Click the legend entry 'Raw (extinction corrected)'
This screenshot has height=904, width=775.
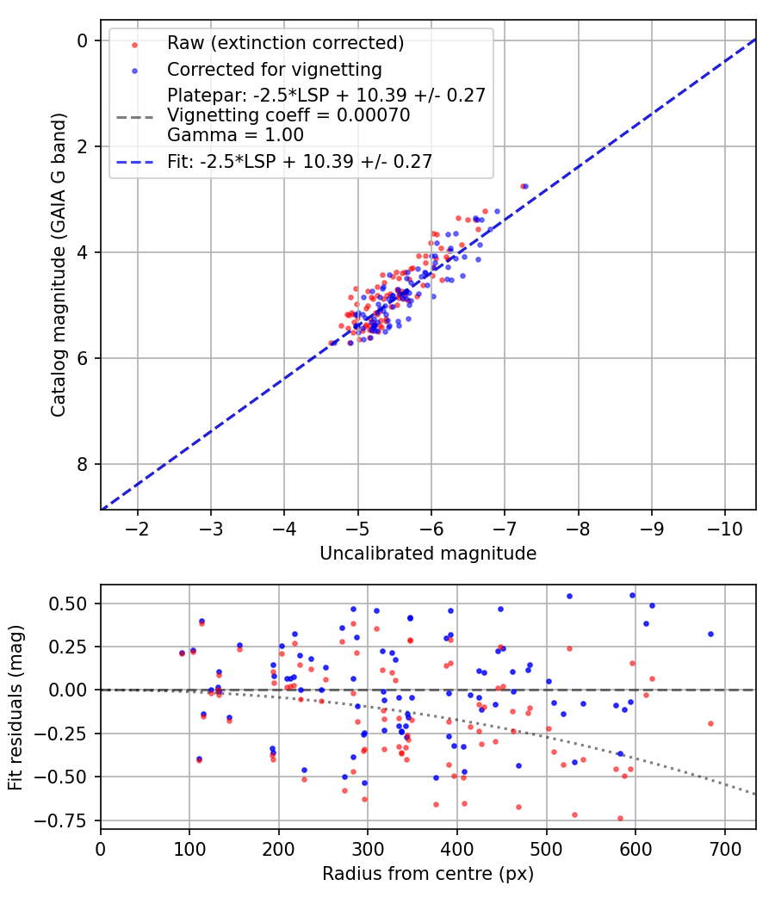[285, 43]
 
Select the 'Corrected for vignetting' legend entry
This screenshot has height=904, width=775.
[275, 69]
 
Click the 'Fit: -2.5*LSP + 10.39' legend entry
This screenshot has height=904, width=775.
[299, 160]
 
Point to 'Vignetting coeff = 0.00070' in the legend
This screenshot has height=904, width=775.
[288, 115]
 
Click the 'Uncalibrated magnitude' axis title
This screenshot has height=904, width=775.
[428, 553]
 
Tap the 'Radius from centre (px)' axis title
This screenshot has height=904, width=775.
[428, 874]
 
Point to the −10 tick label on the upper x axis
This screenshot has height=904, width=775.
[725, 526]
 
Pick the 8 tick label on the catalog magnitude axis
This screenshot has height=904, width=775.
[83, 465]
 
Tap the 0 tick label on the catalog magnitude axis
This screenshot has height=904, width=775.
[83, 40]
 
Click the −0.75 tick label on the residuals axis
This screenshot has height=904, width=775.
[67, 820]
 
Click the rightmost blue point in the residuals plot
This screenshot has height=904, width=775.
[710, 634]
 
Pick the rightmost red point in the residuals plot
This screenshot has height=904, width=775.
[710, 723]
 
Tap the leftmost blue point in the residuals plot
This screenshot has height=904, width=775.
[182, 653]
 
